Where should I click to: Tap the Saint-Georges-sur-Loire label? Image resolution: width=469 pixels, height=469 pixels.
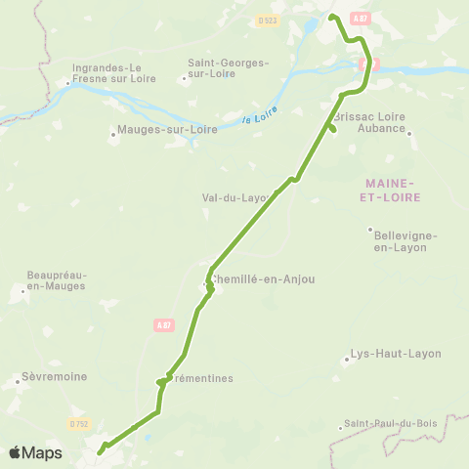(x=228, y=68)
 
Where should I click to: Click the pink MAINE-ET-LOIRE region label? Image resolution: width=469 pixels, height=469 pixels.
(x=390, y=190)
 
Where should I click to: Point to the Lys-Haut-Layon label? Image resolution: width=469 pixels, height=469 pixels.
(x=397, y=353)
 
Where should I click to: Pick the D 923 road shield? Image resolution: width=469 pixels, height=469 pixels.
(x=267, y=19)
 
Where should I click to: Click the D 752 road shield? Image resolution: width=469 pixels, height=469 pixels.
(x=79, y=423)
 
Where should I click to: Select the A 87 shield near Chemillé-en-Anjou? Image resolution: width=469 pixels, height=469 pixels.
(x=163, y=325)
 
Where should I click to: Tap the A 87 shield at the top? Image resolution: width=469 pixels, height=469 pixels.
(x=361, y=19)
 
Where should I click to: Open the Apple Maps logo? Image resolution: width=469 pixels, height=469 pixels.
(x=35, y=452)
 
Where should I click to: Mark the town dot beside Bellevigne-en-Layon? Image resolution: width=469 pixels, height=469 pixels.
(x=370, y=231)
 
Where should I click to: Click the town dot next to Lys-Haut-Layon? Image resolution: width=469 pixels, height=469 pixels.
(x=346, y=359)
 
